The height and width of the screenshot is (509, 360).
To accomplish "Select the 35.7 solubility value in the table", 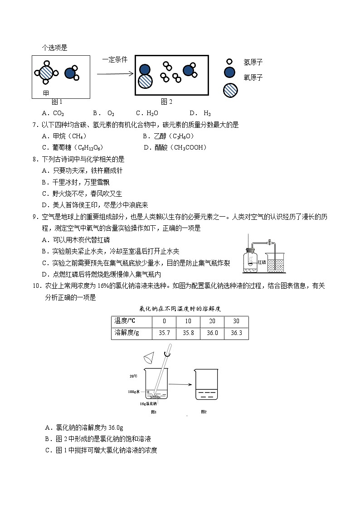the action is point(164,333).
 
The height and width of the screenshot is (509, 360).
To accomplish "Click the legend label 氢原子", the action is point(253,62).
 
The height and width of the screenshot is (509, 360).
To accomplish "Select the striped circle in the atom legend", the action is point(230,90).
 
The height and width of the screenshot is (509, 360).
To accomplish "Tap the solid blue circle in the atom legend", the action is point(229,72).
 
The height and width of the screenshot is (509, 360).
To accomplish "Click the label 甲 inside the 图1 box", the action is point(46,93).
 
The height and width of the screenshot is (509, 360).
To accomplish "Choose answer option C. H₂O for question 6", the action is point(147,113).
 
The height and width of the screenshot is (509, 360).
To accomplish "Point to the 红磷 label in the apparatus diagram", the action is point(261,262).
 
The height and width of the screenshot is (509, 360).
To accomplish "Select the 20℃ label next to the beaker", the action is point(133,376).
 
